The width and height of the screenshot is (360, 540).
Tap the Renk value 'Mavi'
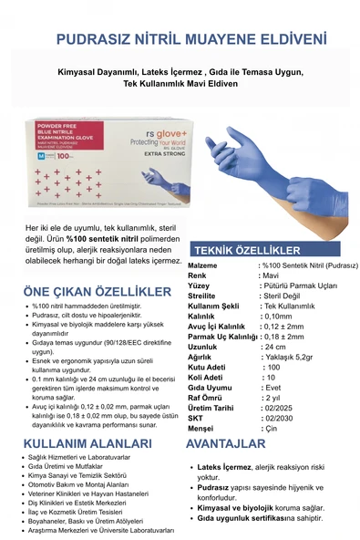tap(270, 273)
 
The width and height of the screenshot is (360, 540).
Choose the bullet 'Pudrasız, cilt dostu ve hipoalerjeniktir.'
tap(85, 315)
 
